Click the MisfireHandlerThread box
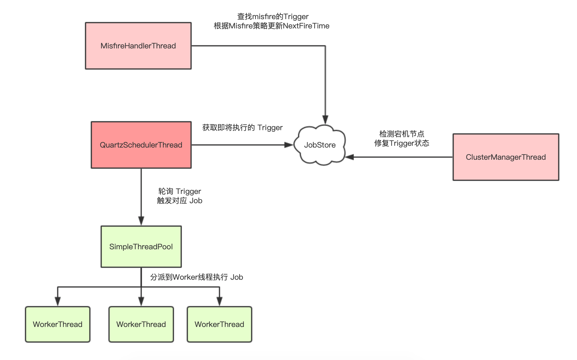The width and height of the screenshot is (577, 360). pos(138,46)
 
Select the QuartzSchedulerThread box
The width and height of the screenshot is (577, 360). pos(141,145)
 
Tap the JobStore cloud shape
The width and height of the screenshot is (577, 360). pos(320,145)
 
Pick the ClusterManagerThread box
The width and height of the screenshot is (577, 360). pos(506,157)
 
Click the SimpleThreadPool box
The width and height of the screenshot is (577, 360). pos(141,247)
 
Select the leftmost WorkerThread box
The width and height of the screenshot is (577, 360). pos(58,324)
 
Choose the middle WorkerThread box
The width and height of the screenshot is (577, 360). pos(141,324)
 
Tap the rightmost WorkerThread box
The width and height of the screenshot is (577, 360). pos(219,324)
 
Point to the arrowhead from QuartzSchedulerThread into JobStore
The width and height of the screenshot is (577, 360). pos(288,145)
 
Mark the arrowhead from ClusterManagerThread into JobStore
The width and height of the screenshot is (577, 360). pos(350,157)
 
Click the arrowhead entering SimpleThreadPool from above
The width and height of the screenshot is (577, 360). pos(141,221)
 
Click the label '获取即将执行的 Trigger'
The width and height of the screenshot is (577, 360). pos(242,128)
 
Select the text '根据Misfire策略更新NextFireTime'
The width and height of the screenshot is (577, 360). pos(271,26)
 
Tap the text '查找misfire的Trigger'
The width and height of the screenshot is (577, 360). pos(273,17)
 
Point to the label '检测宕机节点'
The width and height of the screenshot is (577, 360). pos(402,134)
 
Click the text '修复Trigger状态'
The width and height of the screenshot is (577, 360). pos(402,143)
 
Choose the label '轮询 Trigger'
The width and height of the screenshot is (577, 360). pos(179,191)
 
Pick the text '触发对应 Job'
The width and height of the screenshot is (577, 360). pos(179,201)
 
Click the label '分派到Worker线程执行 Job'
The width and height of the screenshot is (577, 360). pos(197,277)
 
